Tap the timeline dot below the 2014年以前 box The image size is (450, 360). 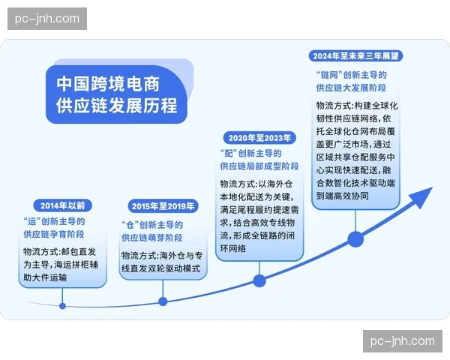63,305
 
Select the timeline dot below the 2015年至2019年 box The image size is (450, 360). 163,301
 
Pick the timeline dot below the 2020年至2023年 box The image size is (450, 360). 259,281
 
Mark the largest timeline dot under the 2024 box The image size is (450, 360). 356,240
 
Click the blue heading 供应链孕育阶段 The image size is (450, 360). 53,235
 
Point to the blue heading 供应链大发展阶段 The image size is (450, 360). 352,88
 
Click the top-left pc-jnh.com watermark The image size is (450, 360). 47,18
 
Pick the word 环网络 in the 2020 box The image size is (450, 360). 231,248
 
